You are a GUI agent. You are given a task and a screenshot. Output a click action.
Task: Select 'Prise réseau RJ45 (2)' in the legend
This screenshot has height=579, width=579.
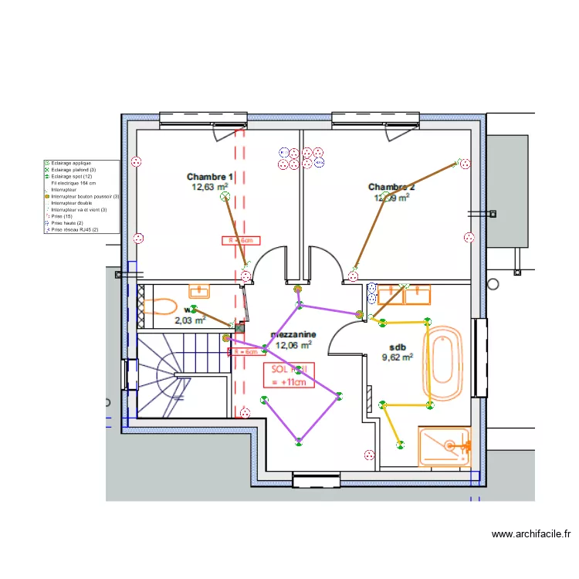click(x=74, y=229)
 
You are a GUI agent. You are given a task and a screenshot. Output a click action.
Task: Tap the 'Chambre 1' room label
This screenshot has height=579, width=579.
click(x=210, y=176)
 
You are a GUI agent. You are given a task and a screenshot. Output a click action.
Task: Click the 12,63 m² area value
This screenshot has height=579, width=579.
click(x=210, y=187)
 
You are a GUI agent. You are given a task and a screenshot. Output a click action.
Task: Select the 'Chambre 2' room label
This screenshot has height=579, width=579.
click(x=391, y=187)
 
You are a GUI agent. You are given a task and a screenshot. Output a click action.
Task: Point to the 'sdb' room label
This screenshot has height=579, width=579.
click(x=398, y=347)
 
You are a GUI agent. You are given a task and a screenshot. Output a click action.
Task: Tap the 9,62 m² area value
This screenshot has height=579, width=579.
click(x=398, y=357)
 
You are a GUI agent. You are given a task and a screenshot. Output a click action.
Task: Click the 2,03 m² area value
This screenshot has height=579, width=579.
click(x=190, y=320)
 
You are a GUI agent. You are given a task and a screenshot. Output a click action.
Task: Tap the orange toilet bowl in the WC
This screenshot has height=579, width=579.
click(x=161, y=306)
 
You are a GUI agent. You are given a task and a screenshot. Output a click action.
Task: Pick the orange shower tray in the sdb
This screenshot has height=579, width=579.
click(x=444, y=447)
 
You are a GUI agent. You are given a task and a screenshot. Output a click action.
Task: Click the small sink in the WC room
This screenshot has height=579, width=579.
click(x=200, y=291)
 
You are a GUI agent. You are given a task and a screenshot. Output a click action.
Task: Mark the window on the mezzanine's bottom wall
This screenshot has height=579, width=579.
click(x=317, y=482)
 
